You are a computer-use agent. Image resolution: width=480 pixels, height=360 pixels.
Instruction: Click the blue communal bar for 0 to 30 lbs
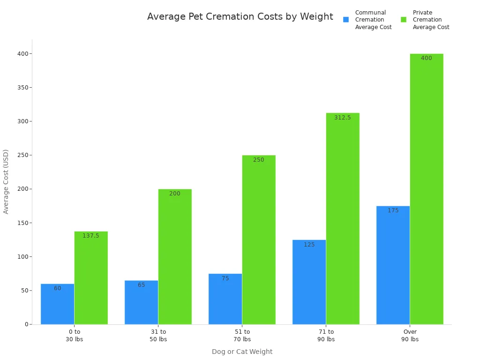57,304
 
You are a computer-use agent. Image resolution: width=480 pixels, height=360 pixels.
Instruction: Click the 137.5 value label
91,236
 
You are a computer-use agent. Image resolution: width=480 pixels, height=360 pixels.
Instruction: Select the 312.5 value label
343,118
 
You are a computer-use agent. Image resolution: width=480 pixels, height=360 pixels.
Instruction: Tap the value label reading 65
142,285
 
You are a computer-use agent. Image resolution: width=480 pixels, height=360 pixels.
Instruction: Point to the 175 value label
393,210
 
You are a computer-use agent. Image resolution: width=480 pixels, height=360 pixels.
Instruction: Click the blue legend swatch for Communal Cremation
346,20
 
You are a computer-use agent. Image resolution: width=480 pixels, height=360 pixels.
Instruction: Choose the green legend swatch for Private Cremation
404,20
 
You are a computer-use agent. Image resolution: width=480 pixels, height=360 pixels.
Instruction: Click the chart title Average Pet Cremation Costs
240,17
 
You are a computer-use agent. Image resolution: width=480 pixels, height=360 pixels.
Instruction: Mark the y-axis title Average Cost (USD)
6,181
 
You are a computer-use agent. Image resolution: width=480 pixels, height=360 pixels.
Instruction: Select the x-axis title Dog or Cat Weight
242,352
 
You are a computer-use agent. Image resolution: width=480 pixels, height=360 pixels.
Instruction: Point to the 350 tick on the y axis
21,88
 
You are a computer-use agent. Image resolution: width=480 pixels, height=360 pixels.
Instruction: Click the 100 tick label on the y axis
21,257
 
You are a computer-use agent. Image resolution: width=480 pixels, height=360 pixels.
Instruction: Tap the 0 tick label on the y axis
27,324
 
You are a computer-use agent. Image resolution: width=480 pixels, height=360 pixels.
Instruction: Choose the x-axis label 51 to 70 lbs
242,336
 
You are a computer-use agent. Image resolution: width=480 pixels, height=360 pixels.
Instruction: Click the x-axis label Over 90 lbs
410,336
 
